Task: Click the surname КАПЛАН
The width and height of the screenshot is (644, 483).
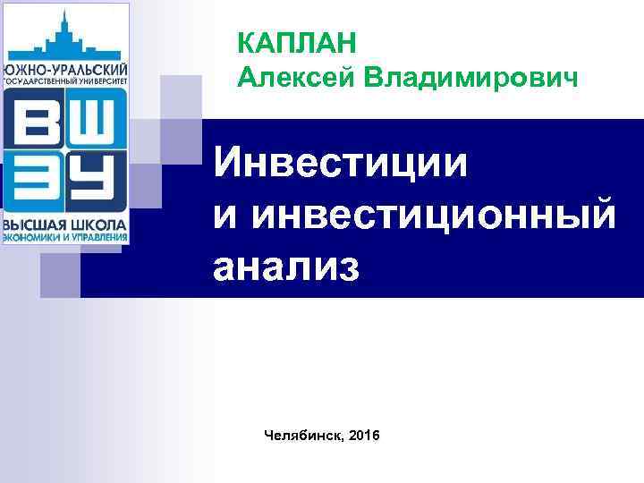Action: point(297,42)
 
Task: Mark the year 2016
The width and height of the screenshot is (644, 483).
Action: point(364,436)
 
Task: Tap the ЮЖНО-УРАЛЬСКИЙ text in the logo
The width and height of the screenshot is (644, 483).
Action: point(65,69)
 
